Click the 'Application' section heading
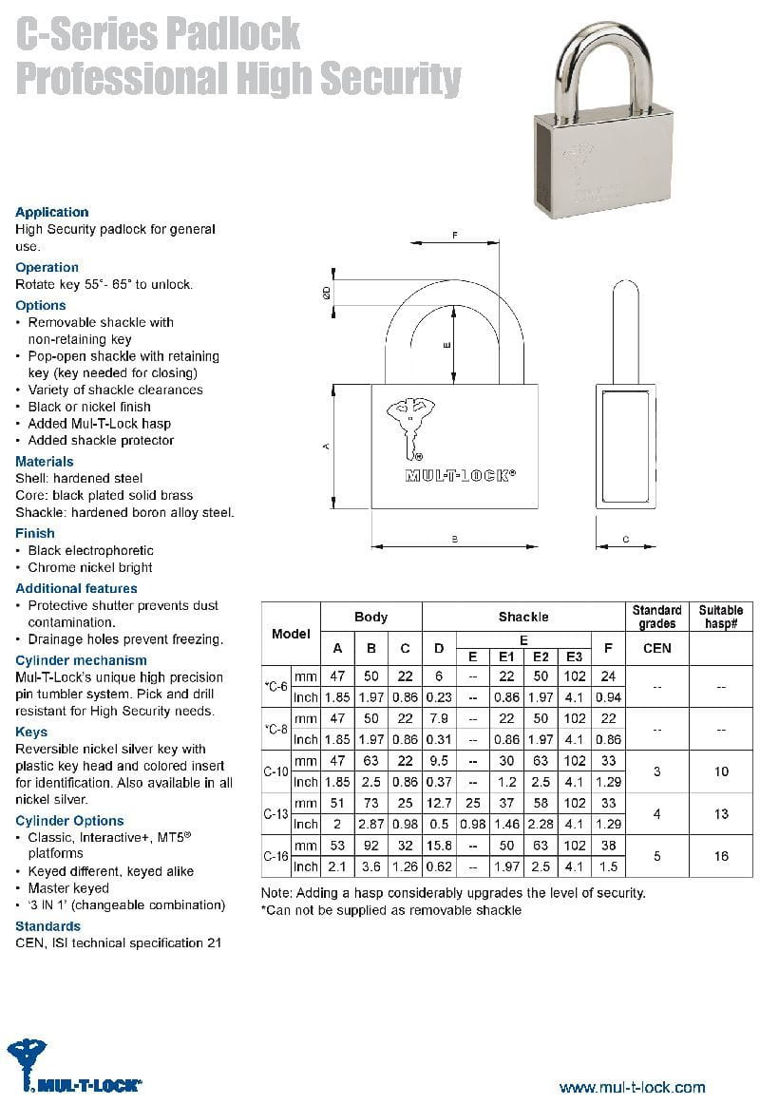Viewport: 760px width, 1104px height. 52,212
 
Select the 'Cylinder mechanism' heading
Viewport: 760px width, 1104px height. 82,660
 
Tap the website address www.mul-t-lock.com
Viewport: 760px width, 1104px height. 632,1087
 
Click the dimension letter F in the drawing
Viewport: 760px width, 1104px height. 455,235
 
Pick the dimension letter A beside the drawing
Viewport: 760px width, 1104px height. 326,446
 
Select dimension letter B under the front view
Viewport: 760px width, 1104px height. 455,540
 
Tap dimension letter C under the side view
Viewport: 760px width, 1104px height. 625,540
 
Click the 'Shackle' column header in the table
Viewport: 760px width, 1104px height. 523,617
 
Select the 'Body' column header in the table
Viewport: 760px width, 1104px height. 370,617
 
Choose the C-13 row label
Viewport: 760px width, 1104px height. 275,814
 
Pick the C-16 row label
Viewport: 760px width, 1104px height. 275,856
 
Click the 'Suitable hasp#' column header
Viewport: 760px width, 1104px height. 721,617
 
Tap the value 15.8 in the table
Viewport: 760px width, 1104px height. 439,846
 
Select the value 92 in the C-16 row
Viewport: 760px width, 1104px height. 371,846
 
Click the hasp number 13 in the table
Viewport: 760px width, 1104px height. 721,814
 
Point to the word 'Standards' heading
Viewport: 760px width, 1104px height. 48,925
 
